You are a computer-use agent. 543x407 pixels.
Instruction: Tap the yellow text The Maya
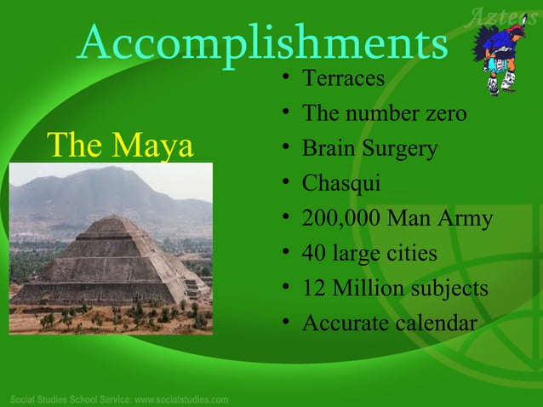(x=120, y=146)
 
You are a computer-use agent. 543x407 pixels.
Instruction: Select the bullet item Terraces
(x=344, y=78)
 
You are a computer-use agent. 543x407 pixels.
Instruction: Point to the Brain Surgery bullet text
(x=369, y=149)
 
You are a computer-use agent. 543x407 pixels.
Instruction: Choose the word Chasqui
(x=341, y=184)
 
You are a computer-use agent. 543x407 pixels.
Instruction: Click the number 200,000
(x=340, y=219)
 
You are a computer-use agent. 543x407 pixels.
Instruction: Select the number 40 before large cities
(x=315, y=254)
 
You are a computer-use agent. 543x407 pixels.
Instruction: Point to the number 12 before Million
(x=314, y=289)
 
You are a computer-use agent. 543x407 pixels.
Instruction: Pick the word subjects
(x=449, y=289)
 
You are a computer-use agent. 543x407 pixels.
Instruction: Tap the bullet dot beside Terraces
(x=289, y=79)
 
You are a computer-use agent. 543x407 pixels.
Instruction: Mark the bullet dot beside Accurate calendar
(x=289, y=324)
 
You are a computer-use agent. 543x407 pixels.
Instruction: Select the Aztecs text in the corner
(x=506, y=14)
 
